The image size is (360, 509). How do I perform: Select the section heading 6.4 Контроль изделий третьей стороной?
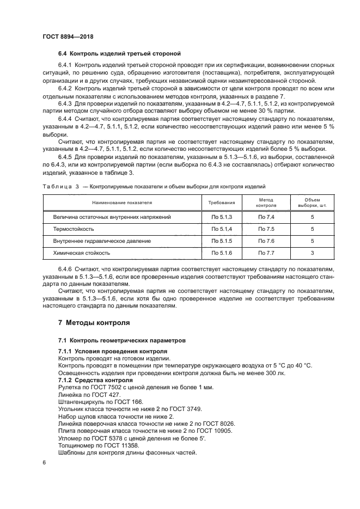click(119, 53)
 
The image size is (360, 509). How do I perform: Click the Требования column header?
click(222, 203)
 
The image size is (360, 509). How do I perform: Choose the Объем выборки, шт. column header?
click(312, 203)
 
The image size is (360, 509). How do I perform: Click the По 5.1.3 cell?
click(222, 217)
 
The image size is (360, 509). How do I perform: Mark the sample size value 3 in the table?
click(312, 253)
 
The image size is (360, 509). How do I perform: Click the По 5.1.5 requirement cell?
click(222, 241)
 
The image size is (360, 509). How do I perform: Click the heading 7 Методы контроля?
click(94, 322)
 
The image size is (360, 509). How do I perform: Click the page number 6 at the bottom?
click(44, 462)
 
